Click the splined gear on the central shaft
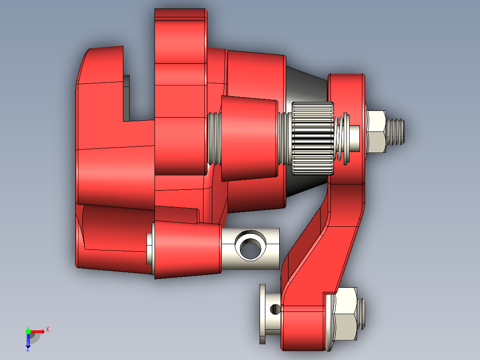(x=313, y=138)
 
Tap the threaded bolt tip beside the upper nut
(x=397, y=131)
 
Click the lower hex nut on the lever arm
(x=346, y=314)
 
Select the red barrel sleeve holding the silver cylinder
(x=187, y=250)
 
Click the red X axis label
(x=48, y=329)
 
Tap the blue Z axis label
(x=28, y=349)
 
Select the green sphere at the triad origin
(x=28, y=331)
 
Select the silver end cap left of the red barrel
(x=150, y=248)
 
